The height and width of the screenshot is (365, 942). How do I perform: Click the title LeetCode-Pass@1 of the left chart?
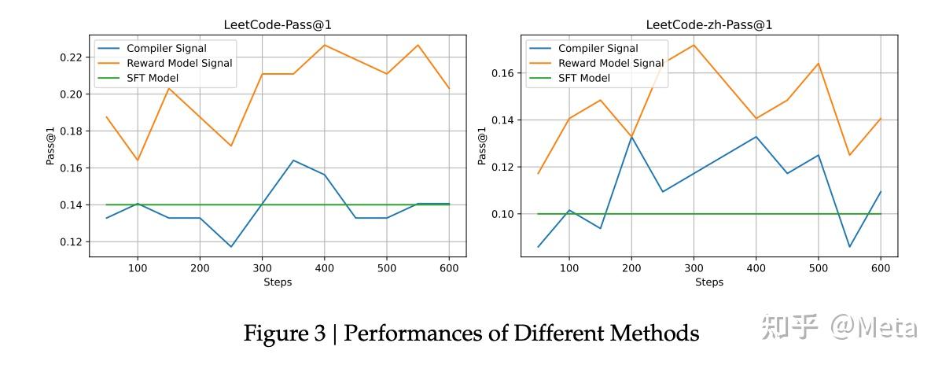(x=278, y=24)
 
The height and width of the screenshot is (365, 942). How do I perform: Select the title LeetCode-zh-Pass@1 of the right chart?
(x=708, y=24)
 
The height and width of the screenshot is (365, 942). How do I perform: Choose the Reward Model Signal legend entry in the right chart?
(x=610, y=63)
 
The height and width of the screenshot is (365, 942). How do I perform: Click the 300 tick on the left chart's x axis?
(x=262, y=267)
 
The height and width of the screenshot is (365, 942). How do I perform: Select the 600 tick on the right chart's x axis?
(x=880, y=267)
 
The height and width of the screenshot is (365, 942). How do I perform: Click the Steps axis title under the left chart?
(x=278, y=282)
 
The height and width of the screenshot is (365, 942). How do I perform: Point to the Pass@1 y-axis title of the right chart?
(x=482, y=146)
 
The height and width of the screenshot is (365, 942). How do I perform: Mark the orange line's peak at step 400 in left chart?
(x=324, y=45)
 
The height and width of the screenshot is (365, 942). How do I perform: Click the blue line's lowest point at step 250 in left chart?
(x=231, y=247)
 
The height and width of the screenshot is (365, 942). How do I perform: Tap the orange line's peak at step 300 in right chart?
(x=694, y=45)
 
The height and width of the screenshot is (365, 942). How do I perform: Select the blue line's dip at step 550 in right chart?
(x=849, y=247)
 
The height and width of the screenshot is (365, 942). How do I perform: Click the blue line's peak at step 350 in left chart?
(x=293, y=160)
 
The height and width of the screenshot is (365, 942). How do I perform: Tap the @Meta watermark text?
(x=874, y=326)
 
